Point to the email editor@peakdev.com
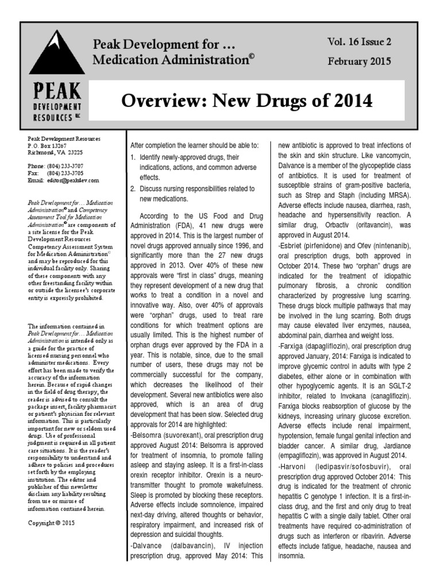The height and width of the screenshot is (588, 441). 73,180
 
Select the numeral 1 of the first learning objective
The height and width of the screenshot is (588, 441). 131,157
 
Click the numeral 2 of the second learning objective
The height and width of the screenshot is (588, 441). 131,188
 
